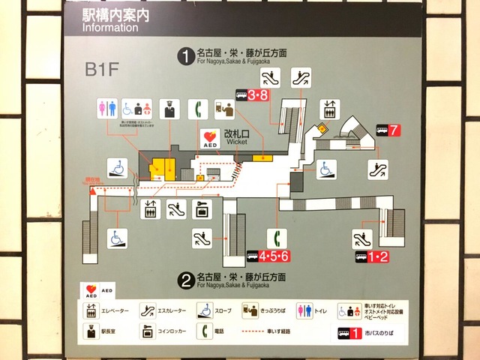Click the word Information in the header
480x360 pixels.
point(109,28)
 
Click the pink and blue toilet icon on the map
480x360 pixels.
point(107,109)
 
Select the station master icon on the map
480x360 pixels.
point(169,109)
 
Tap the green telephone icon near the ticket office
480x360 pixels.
point(198,109)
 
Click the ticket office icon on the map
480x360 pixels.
point(224,109)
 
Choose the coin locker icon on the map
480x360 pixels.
point(202,208)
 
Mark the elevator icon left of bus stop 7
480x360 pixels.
point(328,109)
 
